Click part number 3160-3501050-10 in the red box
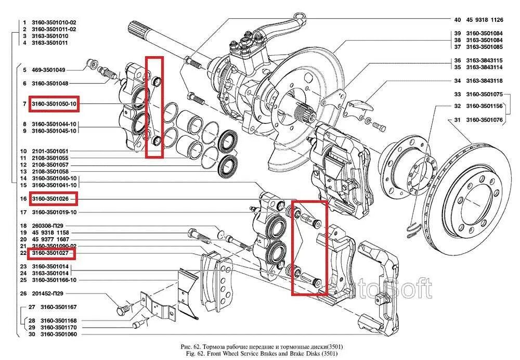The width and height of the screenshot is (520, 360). point(54,104)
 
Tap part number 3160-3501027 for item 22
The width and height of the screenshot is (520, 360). point(51,253)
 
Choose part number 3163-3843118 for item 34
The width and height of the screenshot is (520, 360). point(484,81)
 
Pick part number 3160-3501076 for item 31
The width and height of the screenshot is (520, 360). point(484,120)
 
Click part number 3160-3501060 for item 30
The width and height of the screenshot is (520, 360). point(54,334)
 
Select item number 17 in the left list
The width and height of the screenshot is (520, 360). point(23,212)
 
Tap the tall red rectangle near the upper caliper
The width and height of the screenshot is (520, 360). point(154,107)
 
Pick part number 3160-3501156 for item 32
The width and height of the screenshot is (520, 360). point(484,106)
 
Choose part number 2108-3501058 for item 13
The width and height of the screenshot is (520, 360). point(50,171)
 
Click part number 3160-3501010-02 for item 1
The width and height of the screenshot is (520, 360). point(54,23)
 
